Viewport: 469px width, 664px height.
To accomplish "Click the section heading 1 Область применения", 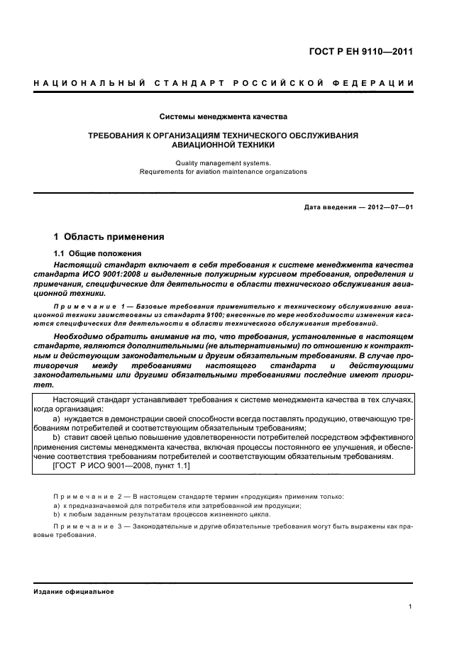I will pyautogui.click(x=109, y=236).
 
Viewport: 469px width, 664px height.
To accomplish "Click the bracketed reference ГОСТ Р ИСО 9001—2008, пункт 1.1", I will pyautogui.click(x=121, y=466).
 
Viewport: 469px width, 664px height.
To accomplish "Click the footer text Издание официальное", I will pyautogui.click(x=74, y=591).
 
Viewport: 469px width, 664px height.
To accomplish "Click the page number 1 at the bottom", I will pyautogui.click(x=411, y=607).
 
